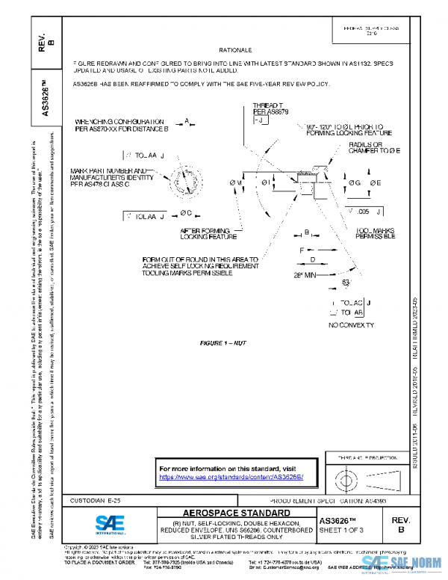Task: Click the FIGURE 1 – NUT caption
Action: pos(220,342)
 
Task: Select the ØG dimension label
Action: pos(353,182)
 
